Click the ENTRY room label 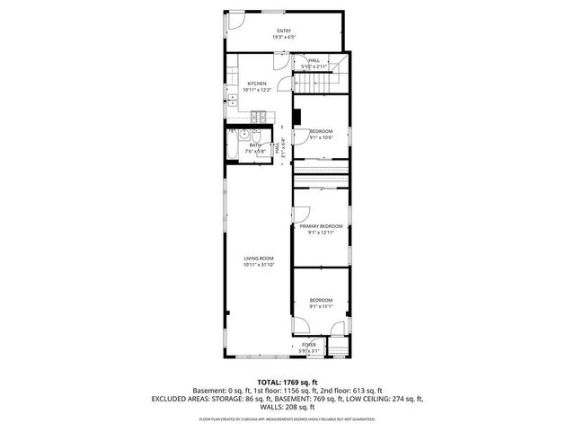tap(284, 31)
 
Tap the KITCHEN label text tap(256, 84)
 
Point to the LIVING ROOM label tap(259, 259)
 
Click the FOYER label tap(309, 345)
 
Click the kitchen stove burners tap(257, 116)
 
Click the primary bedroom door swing tap(303, 215)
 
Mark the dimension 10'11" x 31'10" tap(259, 265)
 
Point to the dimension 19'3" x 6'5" tap(284, 38)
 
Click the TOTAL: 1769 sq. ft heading tap(287, 383)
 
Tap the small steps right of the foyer tap(338, 347)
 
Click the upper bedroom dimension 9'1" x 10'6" tap(321, 137)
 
